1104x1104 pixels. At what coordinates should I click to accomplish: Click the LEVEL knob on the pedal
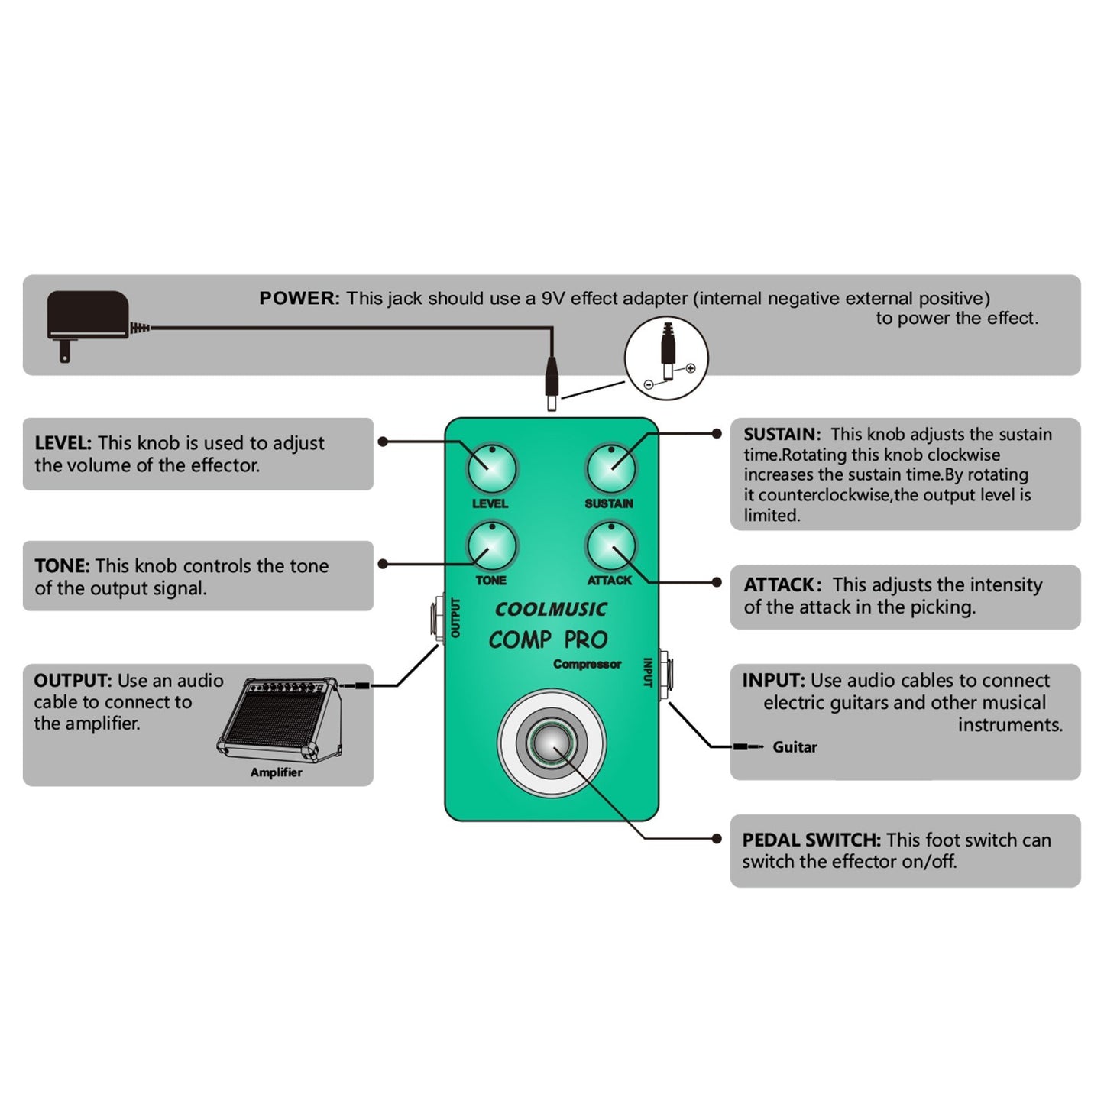coord(492,468)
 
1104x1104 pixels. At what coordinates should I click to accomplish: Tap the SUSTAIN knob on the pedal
coord(611,468)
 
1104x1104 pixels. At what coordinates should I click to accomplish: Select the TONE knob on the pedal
coord(492,546)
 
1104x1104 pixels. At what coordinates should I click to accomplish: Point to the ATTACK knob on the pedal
coord(611,546)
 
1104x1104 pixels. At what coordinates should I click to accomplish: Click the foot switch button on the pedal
coord(552,743)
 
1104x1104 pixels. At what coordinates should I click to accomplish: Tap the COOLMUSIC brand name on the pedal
coord(550,610)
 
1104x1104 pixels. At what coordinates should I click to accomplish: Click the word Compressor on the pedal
coord(587,664)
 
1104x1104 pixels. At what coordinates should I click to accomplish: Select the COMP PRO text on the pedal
coord(548,639)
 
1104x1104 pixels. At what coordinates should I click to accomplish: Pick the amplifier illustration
coord(280,718)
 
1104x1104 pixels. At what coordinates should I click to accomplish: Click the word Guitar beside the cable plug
coord(795,747)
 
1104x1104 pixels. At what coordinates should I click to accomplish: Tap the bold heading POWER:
coord(299,299)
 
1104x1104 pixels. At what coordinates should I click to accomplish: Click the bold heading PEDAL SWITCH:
coord(811,840)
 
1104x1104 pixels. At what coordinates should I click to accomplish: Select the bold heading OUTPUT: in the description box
coord(73,681)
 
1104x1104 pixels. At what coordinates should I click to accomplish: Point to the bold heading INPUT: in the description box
coord(773,681)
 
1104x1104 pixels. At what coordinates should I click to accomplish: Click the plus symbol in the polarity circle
coord(691,368)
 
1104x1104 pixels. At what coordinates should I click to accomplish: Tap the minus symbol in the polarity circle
coord(649,384)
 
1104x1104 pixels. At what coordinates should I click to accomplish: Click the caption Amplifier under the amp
coord(276,772)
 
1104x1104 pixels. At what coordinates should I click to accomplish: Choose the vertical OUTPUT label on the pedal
coord(456,617)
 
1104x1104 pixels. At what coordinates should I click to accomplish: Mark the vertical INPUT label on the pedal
coord(648,672)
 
